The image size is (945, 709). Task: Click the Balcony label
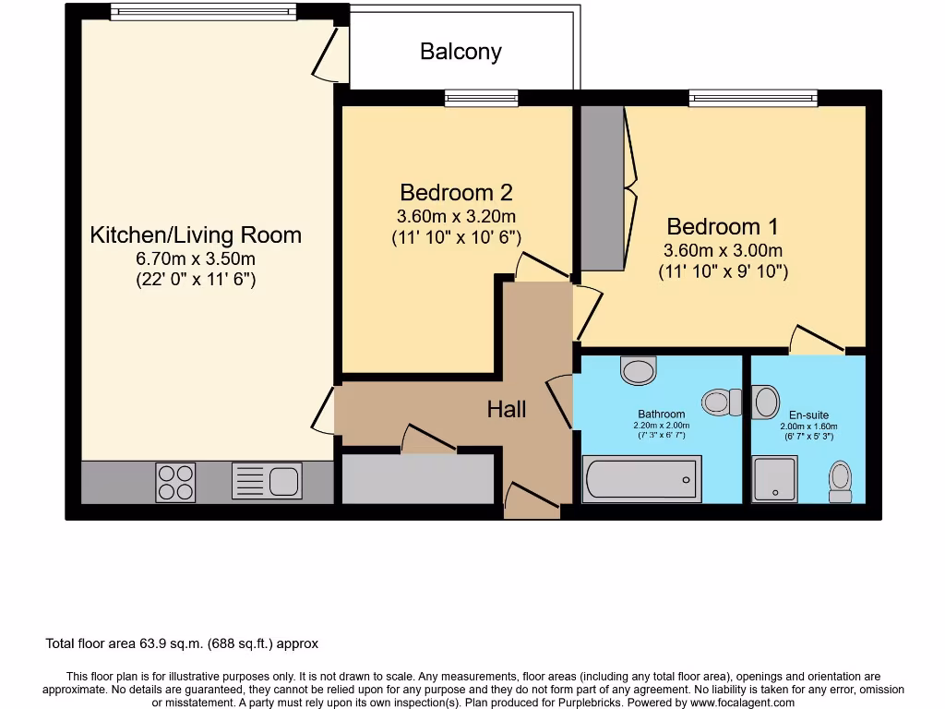pos(461,52)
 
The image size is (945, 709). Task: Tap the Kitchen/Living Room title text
pos(196,234)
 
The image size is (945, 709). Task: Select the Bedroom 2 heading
pos(456,192)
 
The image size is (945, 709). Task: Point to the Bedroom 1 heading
pos(723,227)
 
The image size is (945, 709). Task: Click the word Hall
pos(507,409)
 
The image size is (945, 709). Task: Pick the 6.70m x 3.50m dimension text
pos(196,258)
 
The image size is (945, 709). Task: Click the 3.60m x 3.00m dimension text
pos(723,250)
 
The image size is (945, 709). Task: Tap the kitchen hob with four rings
pos(175,482)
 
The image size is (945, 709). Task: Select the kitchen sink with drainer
pos(267,480)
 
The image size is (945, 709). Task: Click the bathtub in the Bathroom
pos(642,479)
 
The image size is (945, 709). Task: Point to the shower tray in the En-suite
pos(774,479)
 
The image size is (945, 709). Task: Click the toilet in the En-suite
pos(840,482)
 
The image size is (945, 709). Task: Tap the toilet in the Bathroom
pos(722,403)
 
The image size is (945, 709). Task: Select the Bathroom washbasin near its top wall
pos(639,370)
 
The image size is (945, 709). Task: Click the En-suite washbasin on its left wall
pos(765,402)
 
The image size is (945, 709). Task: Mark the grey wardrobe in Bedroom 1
pos(602,188)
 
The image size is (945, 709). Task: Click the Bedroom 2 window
pos(482,98)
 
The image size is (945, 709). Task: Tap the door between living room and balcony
pos(331,54)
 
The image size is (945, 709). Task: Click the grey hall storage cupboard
pos(418,479)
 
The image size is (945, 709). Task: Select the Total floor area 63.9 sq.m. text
pos(182,643)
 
